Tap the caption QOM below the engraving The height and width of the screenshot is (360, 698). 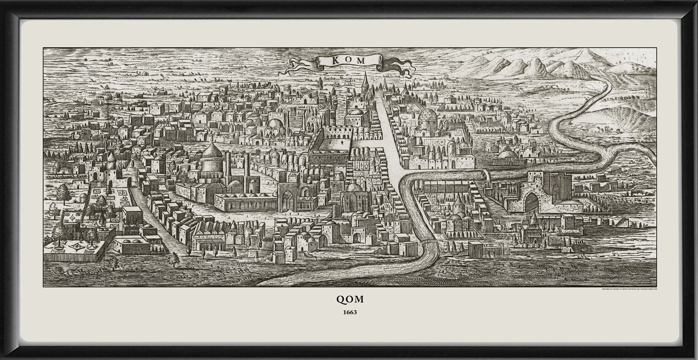[349, 299]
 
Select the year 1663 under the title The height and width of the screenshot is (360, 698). [349, 313]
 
